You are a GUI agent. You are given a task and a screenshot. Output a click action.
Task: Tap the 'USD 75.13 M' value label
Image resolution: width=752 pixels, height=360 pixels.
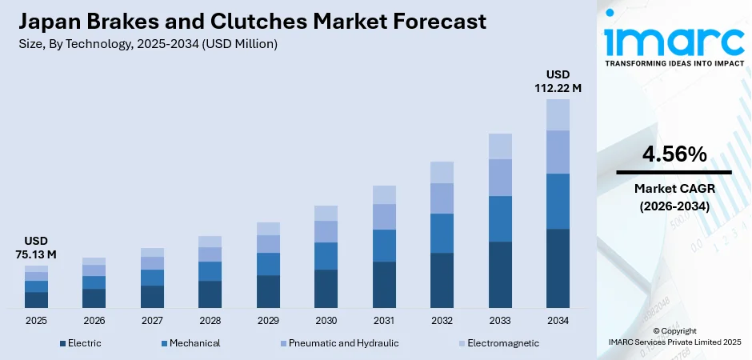[36, 247]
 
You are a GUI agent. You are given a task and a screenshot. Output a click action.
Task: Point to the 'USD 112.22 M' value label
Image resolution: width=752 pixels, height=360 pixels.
[558, 81]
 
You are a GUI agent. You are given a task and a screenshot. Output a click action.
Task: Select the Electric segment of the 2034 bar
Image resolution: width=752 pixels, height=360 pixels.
[558, 268]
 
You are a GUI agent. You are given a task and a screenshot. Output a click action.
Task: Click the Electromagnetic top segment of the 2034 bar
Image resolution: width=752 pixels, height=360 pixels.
[558, 114]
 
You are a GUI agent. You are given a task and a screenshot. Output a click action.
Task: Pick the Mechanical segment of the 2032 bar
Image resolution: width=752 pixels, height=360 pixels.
[442, 233]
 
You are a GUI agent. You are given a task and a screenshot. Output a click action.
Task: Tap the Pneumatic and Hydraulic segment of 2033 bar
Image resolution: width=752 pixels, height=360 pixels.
[500, 177]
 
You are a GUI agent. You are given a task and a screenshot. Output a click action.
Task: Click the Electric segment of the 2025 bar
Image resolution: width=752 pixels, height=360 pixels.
[36, 300]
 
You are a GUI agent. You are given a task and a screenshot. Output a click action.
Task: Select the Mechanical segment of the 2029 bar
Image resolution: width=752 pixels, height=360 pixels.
[268, 264]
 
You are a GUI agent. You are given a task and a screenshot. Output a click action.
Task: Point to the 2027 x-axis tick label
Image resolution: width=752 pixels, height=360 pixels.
[152, 320]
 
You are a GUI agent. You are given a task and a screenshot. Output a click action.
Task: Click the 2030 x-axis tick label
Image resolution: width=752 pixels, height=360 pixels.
[326, 320]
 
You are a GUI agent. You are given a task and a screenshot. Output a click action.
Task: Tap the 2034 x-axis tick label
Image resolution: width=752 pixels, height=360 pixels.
[558, 320]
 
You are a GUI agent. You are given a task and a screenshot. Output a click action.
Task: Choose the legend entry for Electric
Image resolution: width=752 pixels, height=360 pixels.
[79, 343]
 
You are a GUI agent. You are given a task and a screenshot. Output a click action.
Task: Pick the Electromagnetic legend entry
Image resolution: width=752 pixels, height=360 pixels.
[498, 343]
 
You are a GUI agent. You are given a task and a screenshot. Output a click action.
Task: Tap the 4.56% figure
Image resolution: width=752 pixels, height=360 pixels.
[674, 154]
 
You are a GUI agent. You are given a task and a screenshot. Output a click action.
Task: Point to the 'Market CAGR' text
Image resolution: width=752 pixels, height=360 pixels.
[674, 189]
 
